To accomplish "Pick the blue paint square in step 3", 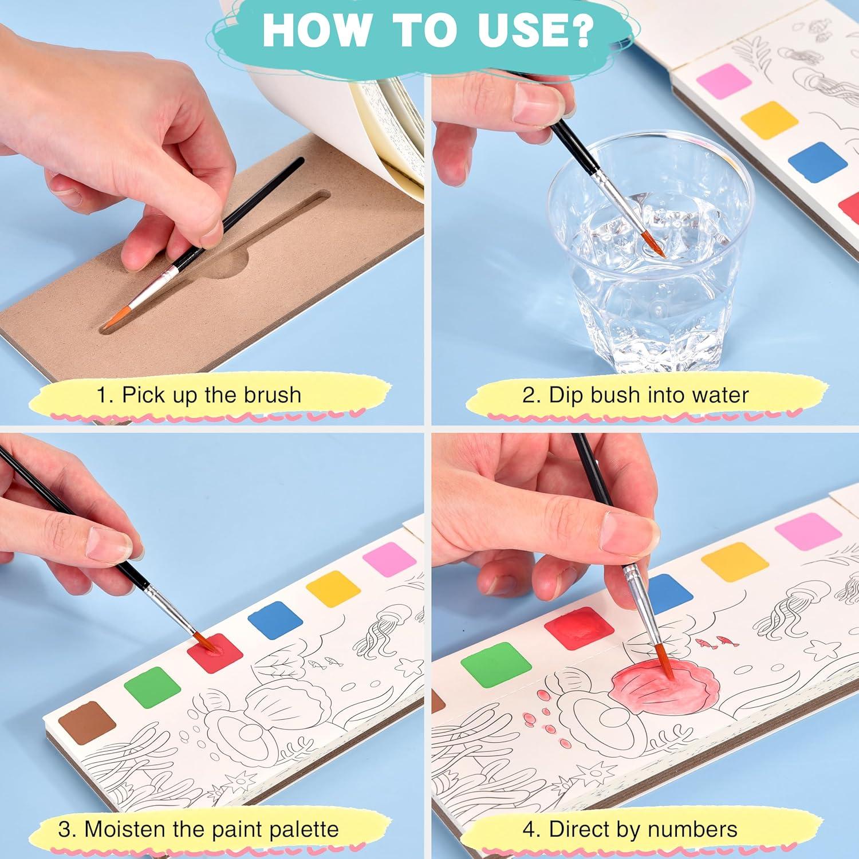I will tap(275, 620).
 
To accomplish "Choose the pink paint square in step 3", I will tap(389, 559).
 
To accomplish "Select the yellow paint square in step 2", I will tap(769, 120).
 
